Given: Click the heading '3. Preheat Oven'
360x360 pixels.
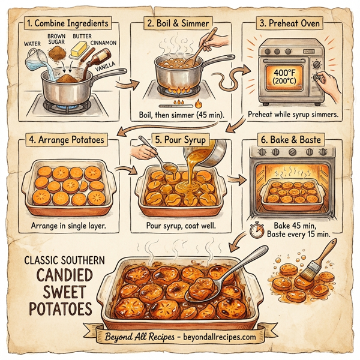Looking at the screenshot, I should pyautogui.click(x=290, y=24).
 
